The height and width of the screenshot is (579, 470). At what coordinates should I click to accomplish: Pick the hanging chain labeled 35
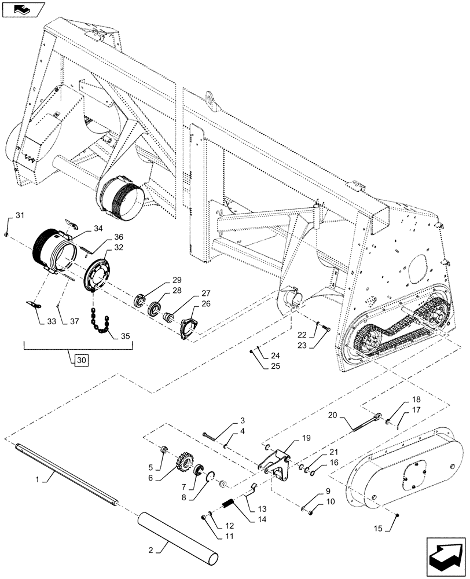coord(100,324)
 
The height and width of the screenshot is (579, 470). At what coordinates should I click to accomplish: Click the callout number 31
coord(20,216)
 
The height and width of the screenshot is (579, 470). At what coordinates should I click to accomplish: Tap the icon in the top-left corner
coord(23,10)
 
